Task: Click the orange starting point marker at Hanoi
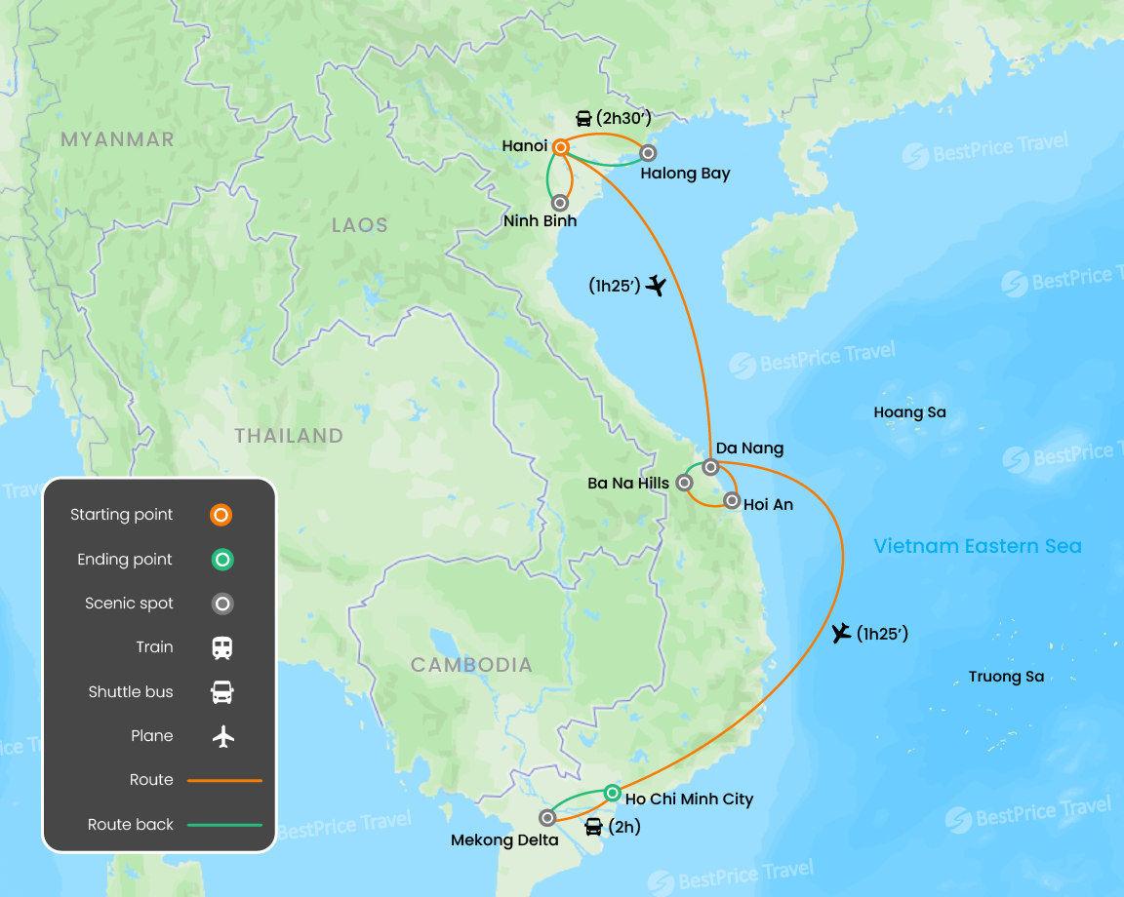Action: pyautogui.click(x=561, y=147)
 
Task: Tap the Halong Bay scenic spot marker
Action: pyautogui.click(x=647, y=153)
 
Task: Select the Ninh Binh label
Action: pyautogui.click(x=540, y=221)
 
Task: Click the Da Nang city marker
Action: pyautogui.click(x=710, y=467)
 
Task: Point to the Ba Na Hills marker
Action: pyautogui.click(x=685, y=482)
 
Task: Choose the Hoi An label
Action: pyautogui.click(x=768, y=505)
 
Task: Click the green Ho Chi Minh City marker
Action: pyautogui.click(x=612, y=793)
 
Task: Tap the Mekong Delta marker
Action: pyautogui.click(x=547, y=818)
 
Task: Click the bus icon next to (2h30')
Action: pyautogui.click(x=583, y=119)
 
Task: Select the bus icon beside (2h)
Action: pyautogui.click(x=593, y=828)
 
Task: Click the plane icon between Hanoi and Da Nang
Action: pyautogui.click(x=656, y=286)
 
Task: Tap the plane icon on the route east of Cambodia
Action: pyautogui.click(x=841, y=634)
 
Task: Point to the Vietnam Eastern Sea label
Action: pyautogui.click(x=978, y=546)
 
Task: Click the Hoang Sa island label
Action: pyautogui.click(x=909, y=412)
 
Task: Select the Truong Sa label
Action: pyautogui.click(x=1006, y=677)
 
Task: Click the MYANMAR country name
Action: pyautogui.click(x=117, y=139)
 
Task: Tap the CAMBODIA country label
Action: pyautogui.click(x=471, y=665)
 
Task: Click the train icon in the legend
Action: pyautogui.click(x=222, y=647)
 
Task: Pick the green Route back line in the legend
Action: pyautogui.click(x=224, y=825)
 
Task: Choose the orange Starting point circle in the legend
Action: pyautogui.click(x=222, y=515)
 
